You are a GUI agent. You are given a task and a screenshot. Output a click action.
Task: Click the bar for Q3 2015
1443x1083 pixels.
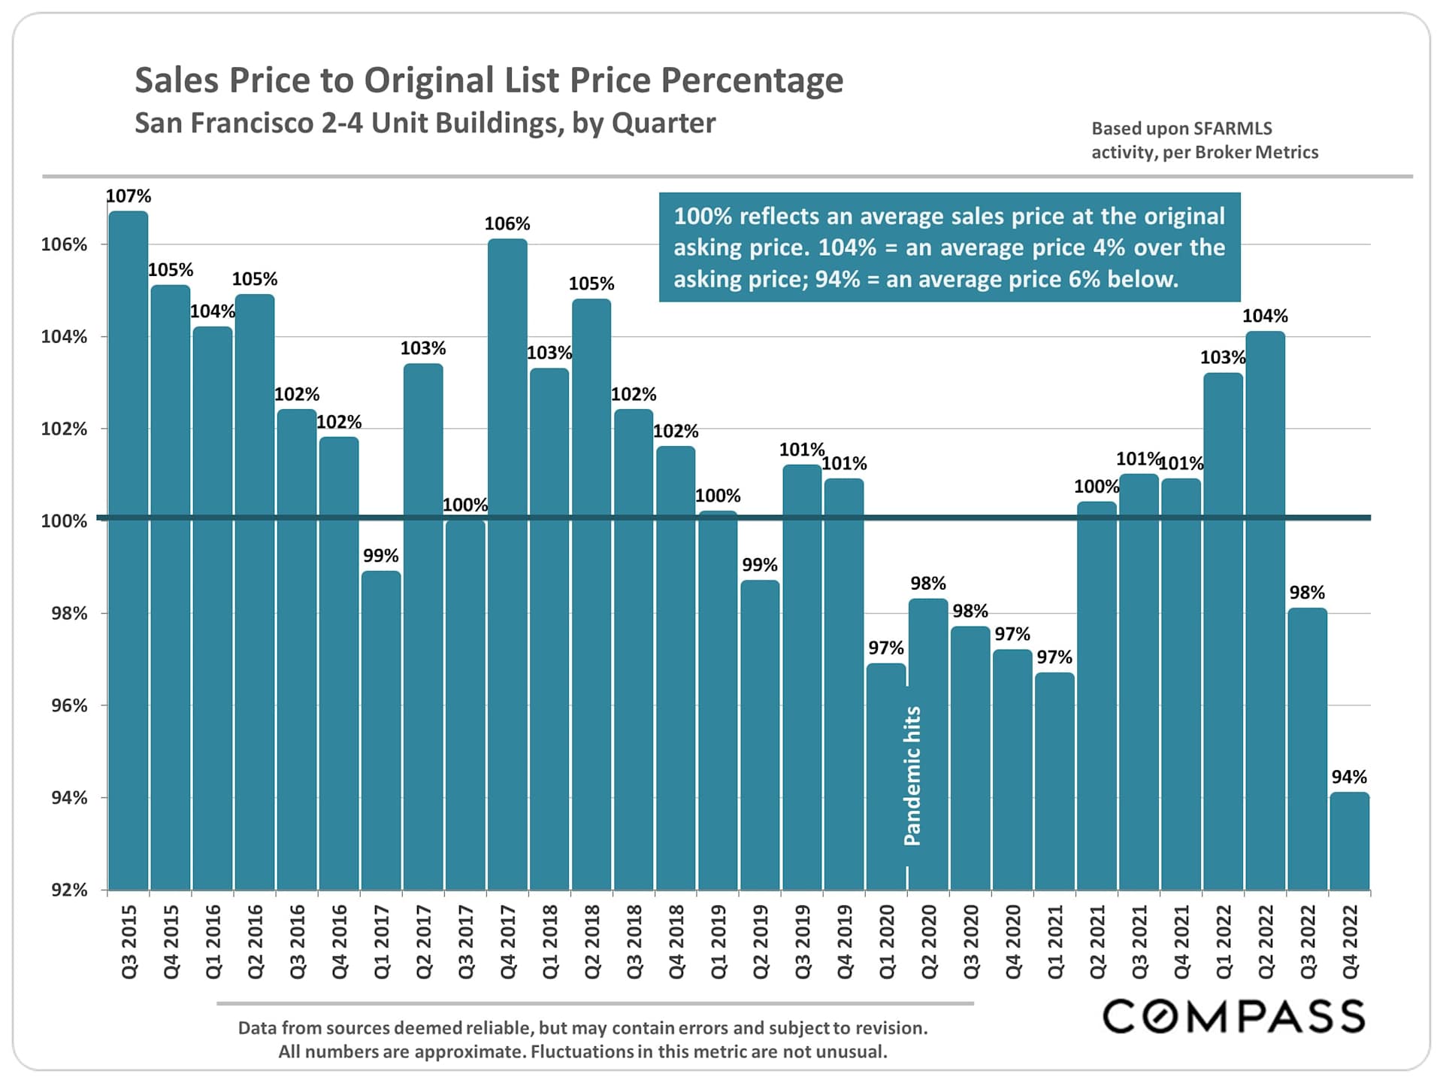pyautogui.click(x=129, y=549)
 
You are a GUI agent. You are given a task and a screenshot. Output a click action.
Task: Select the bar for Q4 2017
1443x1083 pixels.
pyautogui.click(x=507, y=564)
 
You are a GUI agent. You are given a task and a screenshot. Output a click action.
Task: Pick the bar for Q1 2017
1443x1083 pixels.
pyautogui.click(x=381, y=730)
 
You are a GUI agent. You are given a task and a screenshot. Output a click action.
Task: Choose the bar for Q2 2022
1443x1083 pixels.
pyautogui.click(x=1265, y=609)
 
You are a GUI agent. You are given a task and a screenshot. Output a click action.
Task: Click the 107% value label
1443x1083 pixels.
pyautogui.click(x=129, y=196)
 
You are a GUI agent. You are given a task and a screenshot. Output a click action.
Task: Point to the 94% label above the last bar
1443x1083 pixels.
pyautogui.click(x=1349, y=777)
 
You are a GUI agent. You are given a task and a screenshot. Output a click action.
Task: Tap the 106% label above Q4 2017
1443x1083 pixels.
pyautogui.click(x=507, y=224)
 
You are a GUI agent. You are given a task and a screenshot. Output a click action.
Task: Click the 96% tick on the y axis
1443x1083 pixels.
pyautogui.click(x=69, y=705)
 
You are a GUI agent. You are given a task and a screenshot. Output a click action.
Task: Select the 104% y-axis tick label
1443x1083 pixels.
pyautogui.click(x=64, y=337)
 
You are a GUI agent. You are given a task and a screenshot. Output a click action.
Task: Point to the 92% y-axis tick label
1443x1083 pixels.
pyautogui.click(x=69, y=890)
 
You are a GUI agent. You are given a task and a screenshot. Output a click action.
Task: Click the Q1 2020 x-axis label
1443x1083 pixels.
pyautogui.click(x=887, y=942)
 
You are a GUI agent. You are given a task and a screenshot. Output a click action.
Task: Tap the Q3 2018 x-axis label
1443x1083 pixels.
pyautogui.click(x=634, y=942)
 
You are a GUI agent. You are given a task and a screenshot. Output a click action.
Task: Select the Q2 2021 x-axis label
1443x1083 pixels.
pyautogui.click(x=1097, y=942)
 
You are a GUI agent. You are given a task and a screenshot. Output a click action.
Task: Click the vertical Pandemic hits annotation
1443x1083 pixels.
pyautogui.click(x=912, y=775)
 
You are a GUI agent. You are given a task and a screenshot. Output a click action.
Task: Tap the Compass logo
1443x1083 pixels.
pyautogui.click(x=1233, y=1016)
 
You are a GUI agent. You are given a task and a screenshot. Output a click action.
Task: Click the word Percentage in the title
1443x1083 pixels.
pyautogui.click(x=752, y=80)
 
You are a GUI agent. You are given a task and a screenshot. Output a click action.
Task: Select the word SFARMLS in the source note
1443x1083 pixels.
pyautogui.click(x=1232, y=129)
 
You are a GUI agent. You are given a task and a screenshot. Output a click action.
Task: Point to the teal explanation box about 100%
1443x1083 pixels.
pyautogui.click(x=949, y=247)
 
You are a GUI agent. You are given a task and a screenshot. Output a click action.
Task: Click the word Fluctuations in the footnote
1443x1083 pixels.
pyautogui.click(x=581, y=1051)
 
